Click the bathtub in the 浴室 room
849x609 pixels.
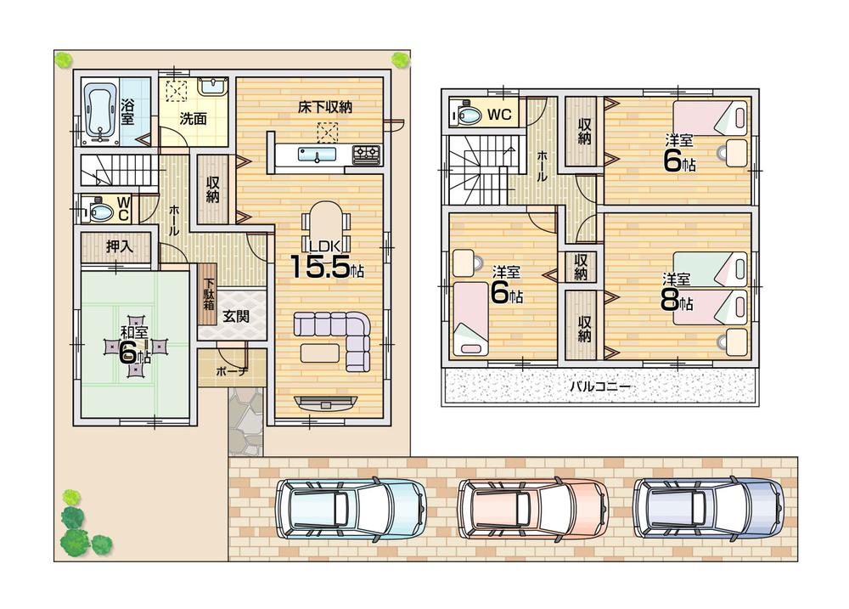[100, 112]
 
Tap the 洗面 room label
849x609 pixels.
[194, 119]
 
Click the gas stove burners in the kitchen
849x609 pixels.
[367, 154]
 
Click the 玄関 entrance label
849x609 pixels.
[235, 316]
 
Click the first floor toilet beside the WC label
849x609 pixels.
[96, 208]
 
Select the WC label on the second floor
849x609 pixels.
[498, 114]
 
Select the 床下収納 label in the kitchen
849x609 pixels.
[324, 107]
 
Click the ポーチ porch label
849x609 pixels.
[231, 371]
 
